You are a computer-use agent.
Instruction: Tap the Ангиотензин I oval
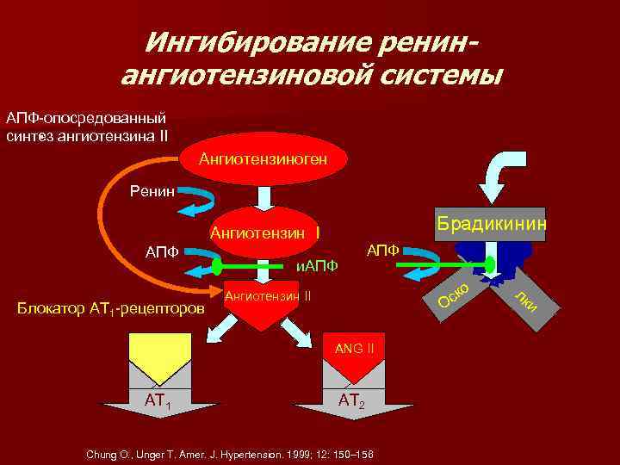click(265, 232)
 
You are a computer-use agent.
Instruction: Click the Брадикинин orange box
click(491, 224)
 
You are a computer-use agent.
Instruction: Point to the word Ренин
click(152, 191)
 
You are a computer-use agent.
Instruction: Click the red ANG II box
click(354, 354)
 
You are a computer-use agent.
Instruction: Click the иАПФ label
click(316, 266)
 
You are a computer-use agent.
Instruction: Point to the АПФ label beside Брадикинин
click(382, 250)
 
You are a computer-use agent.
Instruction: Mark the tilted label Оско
click(453, 293)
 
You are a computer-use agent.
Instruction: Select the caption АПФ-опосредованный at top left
click(86, 118)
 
